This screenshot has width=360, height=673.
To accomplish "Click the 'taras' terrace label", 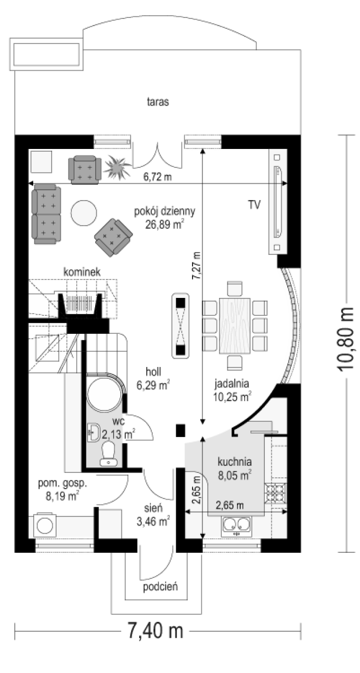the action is point(158,102).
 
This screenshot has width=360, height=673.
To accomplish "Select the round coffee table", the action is point(84,213).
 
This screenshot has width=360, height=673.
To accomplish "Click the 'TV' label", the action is point(254,204).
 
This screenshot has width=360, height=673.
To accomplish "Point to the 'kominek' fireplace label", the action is point(82,272).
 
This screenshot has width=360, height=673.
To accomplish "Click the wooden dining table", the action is point(235,326).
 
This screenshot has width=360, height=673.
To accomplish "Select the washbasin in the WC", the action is point(94,432).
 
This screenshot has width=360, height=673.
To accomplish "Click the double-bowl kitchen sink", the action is point(237,526).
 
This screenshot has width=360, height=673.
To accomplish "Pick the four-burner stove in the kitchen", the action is point(276,493).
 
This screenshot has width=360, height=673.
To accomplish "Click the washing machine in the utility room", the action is point(45,526).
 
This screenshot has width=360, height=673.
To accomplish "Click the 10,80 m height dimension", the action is point(347,340).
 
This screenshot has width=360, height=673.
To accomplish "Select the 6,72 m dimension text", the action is point(158,177).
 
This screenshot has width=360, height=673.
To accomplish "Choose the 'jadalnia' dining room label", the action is point(232,384).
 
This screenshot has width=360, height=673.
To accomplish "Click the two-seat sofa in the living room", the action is point(46,214).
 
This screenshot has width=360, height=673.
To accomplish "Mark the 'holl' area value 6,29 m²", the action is point(153,385).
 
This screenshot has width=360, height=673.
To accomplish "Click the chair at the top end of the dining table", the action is point(235,289).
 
